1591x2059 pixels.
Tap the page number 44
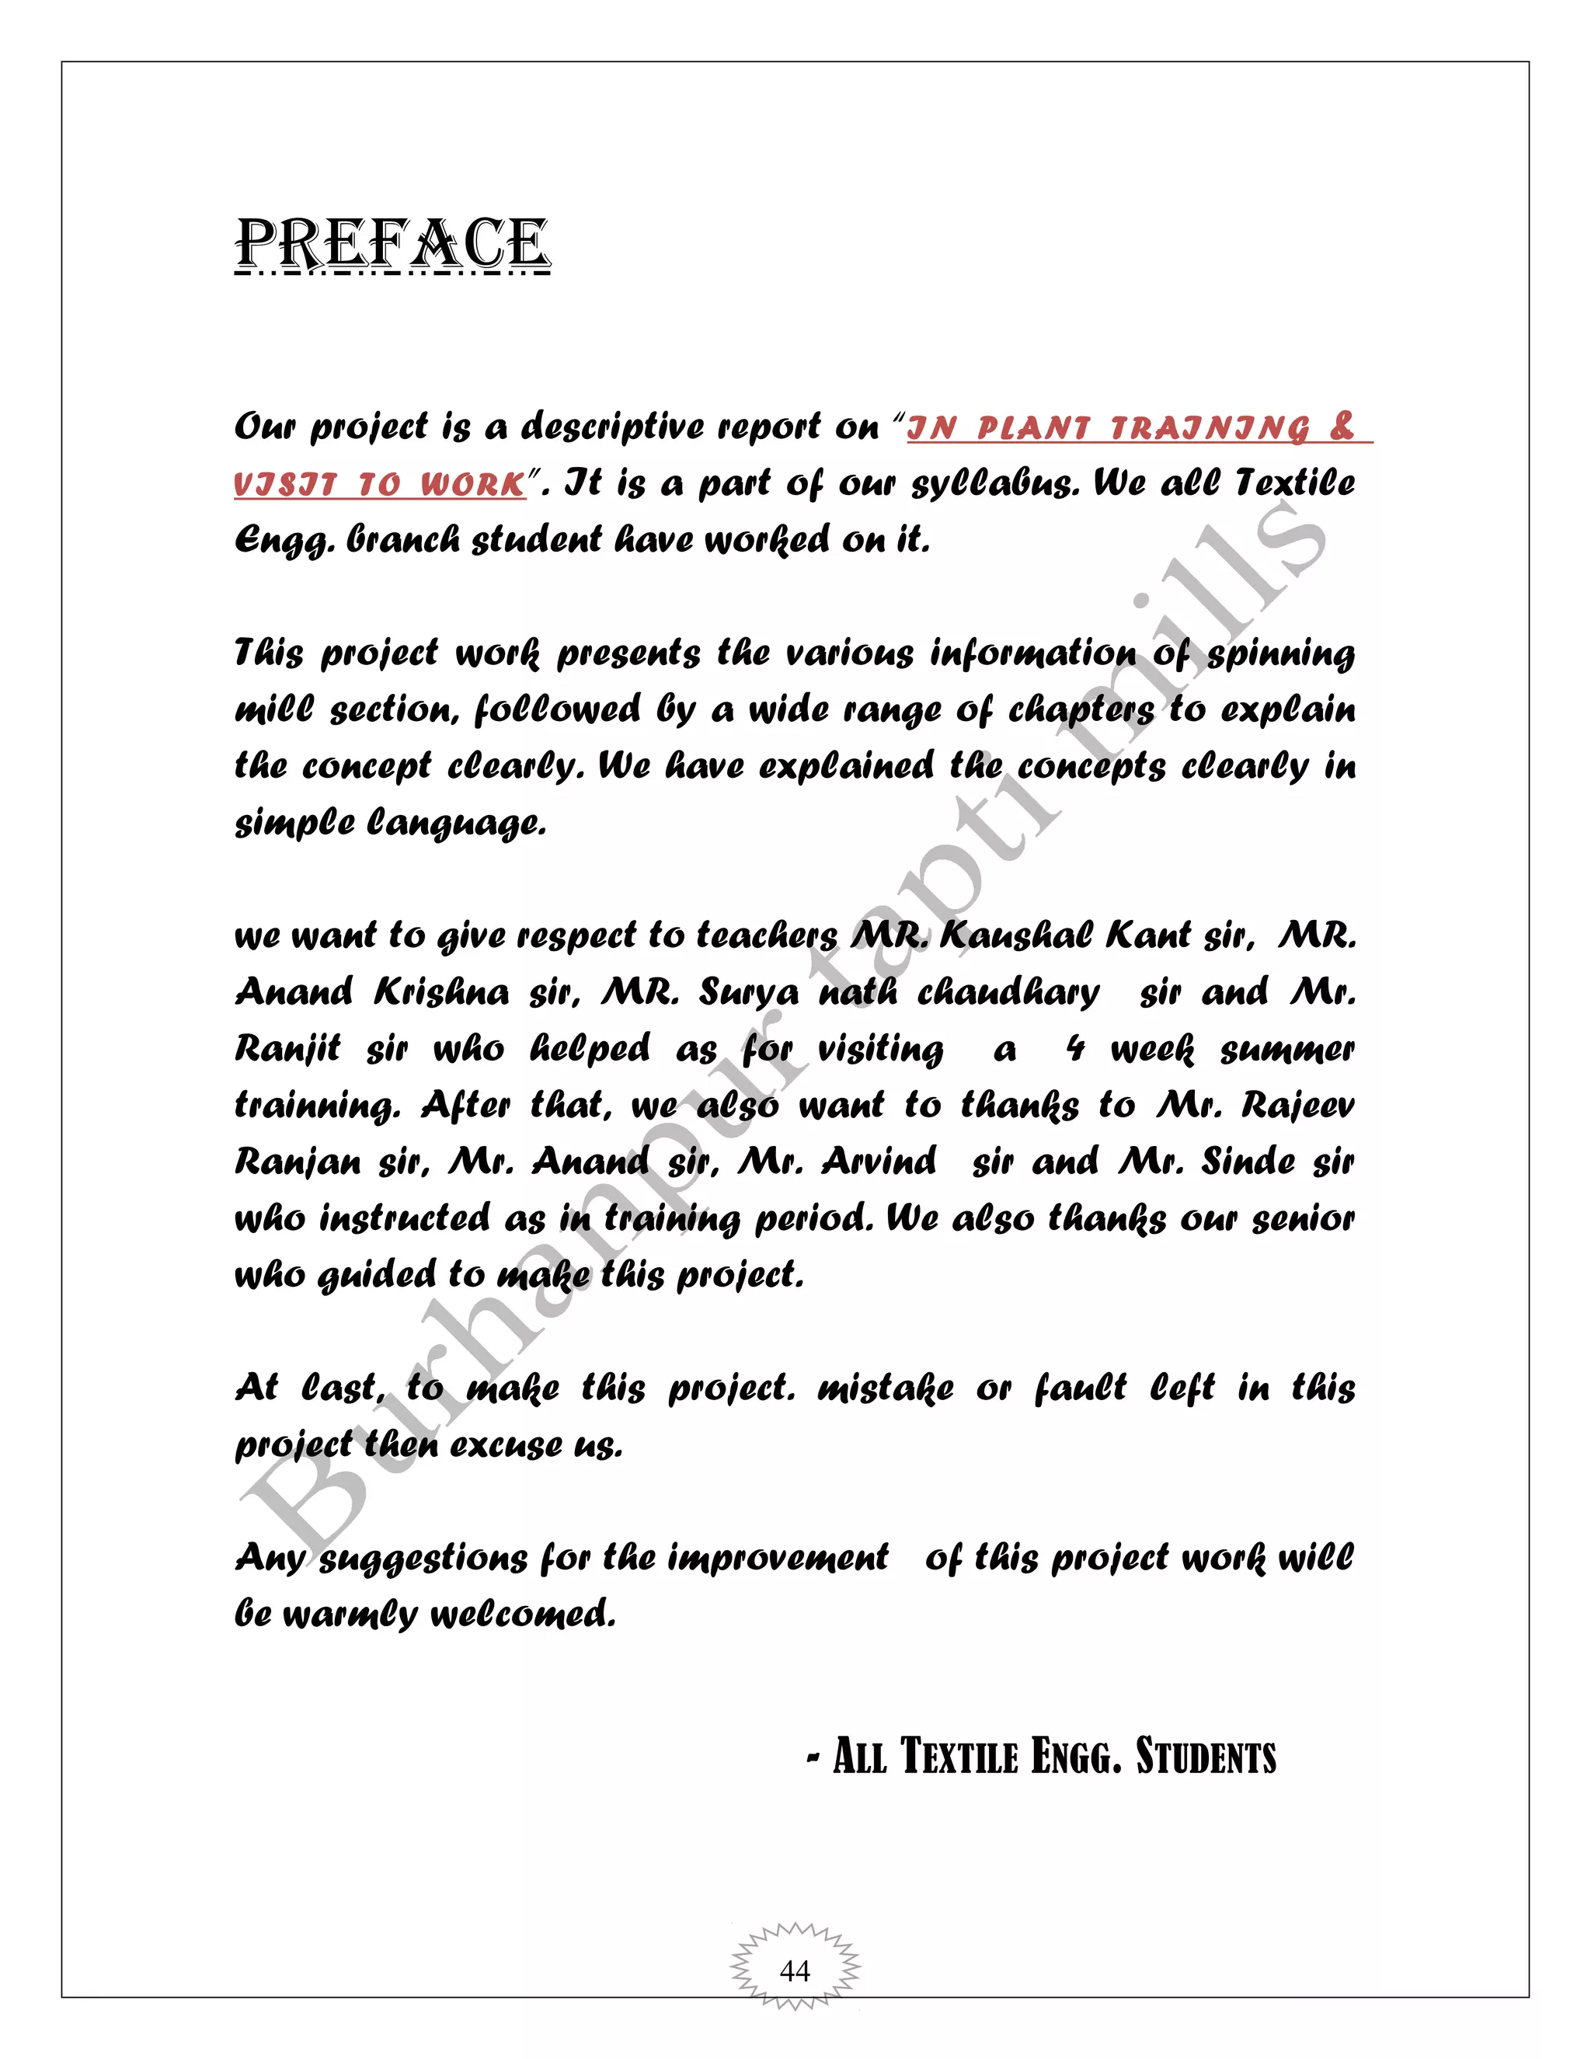[795, 1970]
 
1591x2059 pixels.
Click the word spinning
[1282, 654]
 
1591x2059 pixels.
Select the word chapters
[1081, 711]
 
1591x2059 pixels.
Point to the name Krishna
[442, 993]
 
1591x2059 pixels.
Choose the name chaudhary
[1008, 993]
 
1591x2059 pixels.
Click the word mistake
[886, 1388]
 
